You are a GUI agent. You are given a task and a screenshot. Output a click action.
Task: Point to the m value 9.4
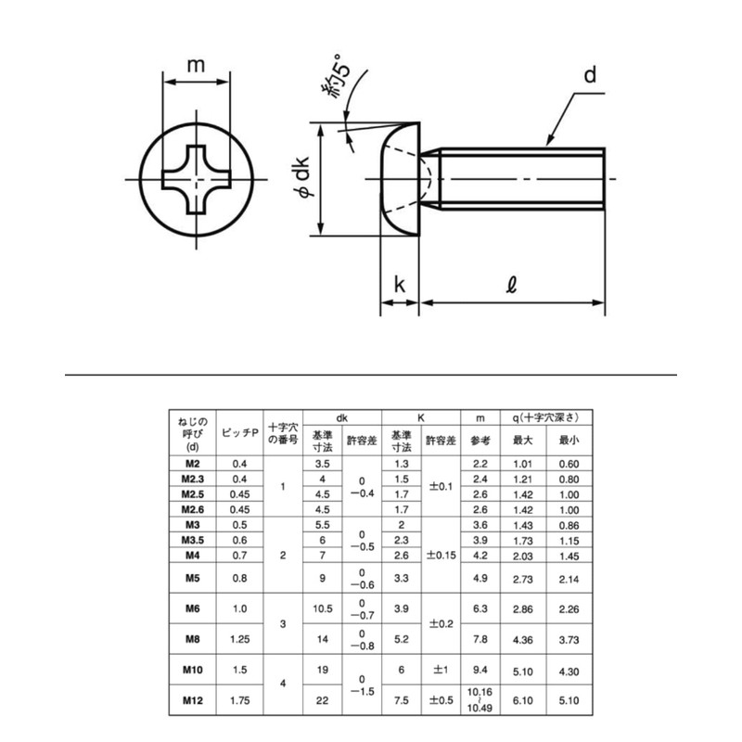point(480,668)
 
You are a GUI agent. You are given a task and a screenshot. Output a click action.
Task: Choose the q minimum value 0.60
point(569,462)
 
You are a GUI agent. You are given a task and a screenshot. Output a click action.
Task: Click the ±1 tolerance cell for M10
point(441,668)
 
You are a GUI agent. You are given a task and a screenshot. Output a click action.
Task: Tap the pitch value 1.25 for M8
point(239,638)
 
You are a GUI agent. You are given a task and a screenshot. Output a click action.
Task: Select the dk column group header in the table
point(342,418)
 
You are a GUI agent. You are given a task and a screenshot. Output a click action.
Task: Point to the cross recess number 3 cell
point(284,623)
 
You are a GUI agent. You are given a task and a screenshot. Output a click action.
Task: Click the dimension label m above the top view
point(196,65)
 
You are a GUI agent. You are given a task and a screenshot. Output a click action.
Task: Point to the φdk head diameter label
point(301,179)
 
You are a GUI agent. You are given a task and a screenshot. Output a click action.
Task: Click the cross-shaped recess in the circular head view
point(196,179)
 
